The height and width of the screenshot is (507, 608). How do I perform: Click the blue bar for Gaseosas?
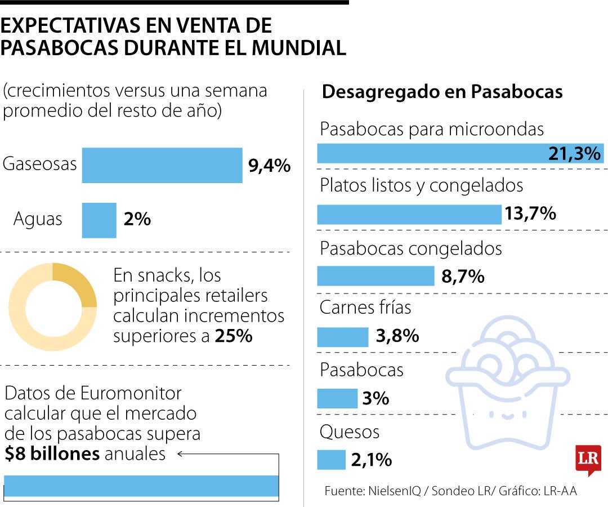pyautogui.click(x=162, y=165)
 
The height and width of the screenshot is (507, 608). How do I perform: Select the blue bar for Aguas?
pyautogui.click(x=99, y=220)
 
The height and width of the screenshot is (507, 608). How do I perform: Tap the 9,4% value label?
pyautogui.click(x=270, y=166)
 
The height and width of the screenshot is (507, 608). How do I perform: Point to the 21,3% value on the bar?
pyautogui.click(x=574, y=154)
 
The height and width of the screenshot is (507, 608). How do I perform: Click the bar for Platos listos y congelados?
pyautogui.click(x=409, y=215)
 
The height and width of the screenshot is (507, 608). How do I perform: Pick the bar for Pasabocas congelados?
pyautogui.click(x=375, y=276)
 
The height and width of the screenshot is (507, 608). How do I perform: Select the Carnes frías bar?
pyautogui.click(x=343, y=337)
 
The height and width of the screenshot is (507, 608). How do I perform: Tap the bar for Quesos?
pyautogui.click(x=331, y=460)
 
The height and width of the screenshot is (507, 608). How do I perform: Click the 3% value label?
pyautogui.click(x=375, y=398)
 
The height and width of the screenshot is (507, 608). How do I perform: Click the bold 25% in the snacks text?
pyautogui.click(x=234, y=336)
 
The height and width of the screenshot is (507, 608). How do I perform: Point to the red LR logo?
pyautogui.click(x=588, y=460)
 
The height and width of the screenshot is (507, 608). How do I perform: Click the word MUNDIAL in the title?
pyautogui.click(x=298, y=48)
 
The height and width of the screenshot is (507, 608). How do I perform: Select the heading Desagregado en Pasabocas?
pyautogui.click(x=442, y=92)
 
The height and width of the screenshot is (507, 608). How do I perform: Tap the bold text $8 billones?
pyautogui.click(x=52, y=453)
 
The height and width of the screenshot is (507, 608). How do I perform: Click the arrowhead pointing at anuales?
pyautogui.click(x=180, y=453)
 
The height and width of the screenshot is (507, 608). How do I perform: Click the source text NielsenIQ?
pyautogui.click(x=394, y=491)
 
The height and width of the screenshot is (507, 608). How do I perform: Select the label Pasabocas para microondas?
pyautogui.click(x=432, y=129)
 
